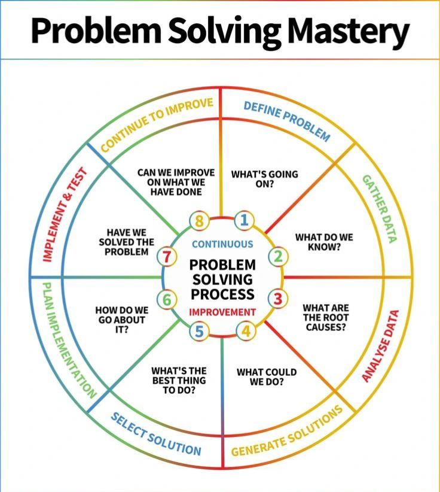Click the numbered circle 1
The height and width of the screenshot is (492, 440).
point(243,220)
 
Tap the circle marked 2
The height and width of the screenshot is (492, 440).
point(277,257)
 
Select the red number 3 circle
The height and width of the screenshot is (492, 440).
point(277,297)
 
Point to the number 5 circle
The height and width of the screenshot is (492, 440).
point(199,331)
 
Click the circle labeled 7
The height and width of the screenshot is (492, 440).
point(167,257)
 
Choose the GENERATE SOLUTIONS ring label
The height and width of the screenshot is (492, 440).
point(288,431)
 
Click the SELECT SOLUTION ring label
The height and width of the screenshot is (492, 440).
point(155,433)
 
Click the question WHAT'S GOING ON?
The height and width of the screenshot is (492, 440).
point(264,179)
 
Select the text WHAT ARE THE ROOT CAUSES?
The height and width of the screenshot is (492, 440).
point(325,318)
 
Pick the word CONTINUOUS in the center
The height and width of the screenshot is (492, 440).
point(222,244)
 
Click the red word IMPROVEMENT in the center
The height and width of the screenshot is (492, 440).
point(222,312)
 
